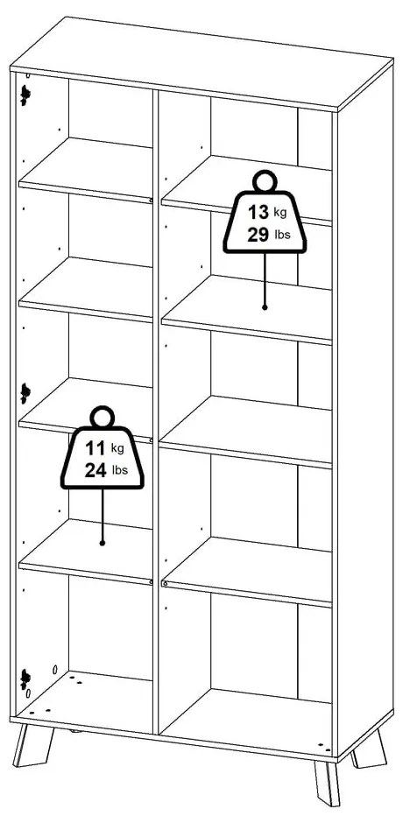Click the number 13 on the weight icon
257,212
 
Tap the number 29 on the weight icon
257,236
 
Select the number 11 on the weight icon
94,447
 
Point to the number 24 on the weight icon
95,470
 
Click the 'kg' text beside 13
279,213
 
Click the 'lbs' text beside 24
119,471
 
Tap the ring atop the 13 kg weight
264,181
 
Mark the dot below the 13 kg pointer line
264,307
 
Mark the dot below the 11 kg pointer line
103,543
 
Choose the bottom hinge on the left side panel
25,676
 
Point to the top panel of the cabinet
193,61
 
